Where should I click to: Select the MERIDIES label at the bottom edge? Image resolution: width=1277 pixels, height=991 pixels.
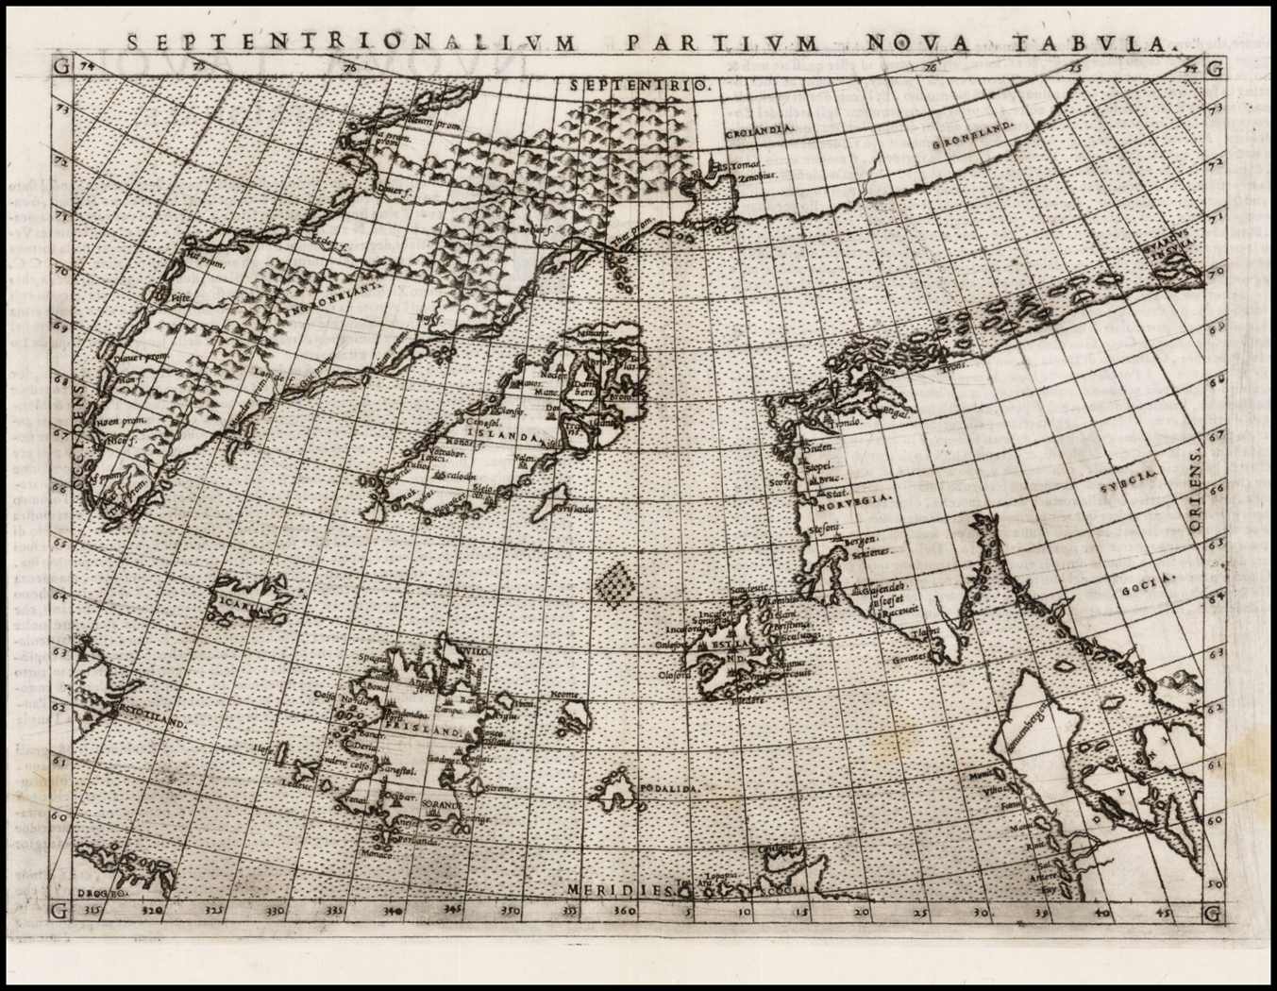[x=618, y=890]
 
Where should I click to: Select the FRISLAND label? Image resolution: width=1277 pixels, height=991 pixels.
[x=431, y=731]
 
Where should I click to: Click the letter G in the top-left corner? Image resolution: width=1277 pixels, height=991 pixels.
[x=60, y=67]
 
